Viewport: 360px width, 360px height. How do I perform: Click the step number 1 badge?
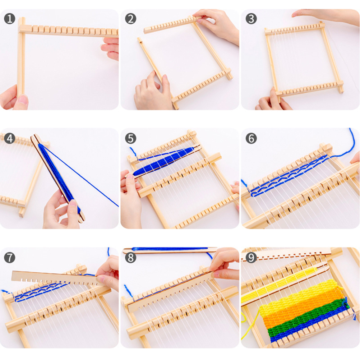[10, 19]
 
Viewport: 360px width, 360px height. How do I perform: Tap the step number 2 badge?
[131, 19]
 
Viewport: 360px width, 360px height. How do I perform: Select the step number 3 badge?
[251, 19]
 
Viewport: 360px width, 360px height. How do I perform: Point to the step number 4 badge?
[10, 138]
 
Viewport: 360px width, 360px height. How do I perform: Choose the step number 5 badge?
[131, 138]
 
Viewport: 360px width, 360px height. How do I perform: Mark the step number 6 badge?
[251, 138]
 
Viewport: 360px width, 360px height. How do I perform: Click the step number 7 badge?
[10, 258]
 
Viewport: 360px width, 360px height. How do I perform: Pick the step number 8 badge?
[131, 258]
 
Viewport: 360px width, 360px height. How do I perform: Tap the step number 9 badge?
[251, 258]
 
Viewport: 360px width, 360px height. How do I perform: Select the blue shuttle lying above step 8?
[170, 250]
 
